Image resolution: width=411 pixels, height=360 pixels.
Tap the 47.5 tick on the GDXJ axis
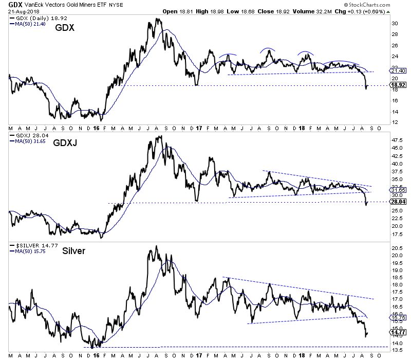tap(397, 139)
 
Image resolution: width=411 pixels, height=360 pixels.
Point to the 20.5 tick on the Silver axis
tap(397, 248)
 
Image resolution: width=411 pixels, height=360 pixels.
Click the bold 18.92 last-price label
tap(397, 85)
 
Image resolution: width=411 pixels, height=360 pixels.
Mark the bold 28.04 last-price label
tap(397, 202)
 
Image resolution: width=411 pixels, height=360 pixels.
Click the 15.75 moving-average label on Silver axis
tap(397, 317)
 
